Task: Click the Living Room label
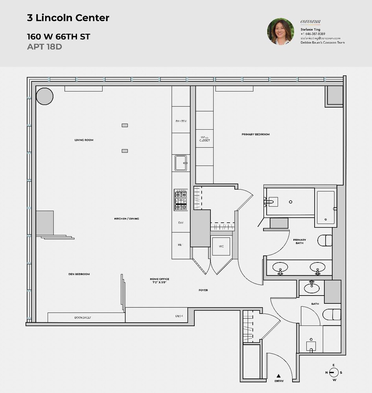coord(84,140)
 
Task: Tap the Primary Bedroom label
coord(256,134)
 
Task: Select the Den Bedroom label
coord(79,274)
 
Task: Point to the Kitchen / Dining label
coord(127,219)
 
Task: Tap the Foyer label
coord(203,290)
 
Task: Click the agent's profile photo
coord(281,31)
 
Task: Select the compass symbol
coord(333,372)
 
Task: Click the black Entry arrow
coord(279,376)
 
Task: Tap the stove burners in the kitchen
coord(180,200)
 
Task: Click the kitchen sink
coord(181,162)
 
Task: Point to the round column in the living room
coord(44,96)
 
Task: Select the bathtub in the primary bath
coord(326,207)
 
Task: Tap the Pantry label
coord(181,121)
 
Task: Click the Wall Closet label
coord(204,138)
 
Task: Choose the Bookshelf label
coord(83,317)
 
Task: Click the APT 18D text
coord(44,47)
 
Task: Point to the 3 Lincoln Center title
coord(68,18)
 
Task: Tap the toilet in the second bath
coord(331,314)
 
